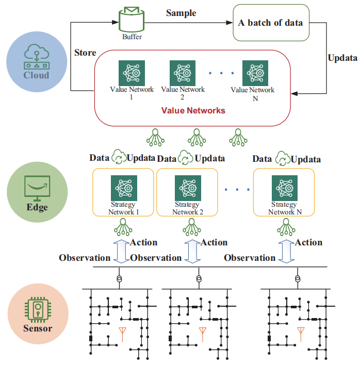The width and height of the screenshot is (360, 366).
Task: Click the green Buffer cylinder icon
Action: point(132,20)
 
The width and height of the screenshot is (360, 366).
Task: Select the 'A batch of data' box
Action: point(271,23)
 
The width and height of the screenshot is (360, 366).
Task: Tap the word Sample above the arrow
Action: point(181,13)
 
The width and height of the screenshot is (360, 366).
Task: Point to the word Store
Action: point(85,53)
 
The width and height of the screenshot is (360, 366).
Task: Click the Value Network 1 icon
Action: point(132,73)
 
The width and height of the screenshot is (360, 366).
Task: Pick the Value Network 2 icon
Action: point(183,73)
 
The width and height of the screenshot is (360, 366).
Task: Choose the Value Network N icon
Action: point(255,73)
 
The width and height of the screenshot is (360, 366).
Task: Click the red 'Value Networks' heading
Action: point(193,110)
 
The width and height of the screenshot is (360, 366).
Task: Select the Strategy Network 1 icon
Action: point(124,188)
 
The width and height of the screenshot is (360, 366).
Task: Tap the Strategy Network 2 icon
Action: point(188,188)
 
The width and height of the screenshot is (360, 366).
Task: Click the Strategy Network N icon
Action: point(285,188)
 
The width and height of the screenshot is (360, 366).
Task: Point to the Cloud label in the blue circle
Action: point(37,75)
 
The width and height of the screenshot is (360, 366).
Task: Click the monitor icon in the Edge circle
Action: point(37,188)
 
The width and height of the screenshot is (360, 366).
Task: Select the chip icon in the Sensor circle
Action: point(38,310)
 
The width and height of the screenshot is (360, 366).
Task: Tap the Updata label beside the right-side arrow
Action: point(342,58)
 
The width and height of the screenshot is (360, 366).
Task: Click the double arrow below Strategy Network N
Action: point(286,252)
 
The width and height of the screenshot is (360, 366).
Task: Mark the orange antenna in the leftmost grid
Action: point(122,334)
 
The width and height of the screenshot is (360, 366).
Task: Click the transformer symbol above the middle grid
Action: point(199,279)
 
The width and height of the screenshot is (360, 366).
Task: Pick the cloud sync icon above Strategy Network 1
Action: point(119,157)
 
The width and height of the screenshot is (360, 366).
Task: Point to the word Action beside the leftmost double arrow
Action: point(144,242)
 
